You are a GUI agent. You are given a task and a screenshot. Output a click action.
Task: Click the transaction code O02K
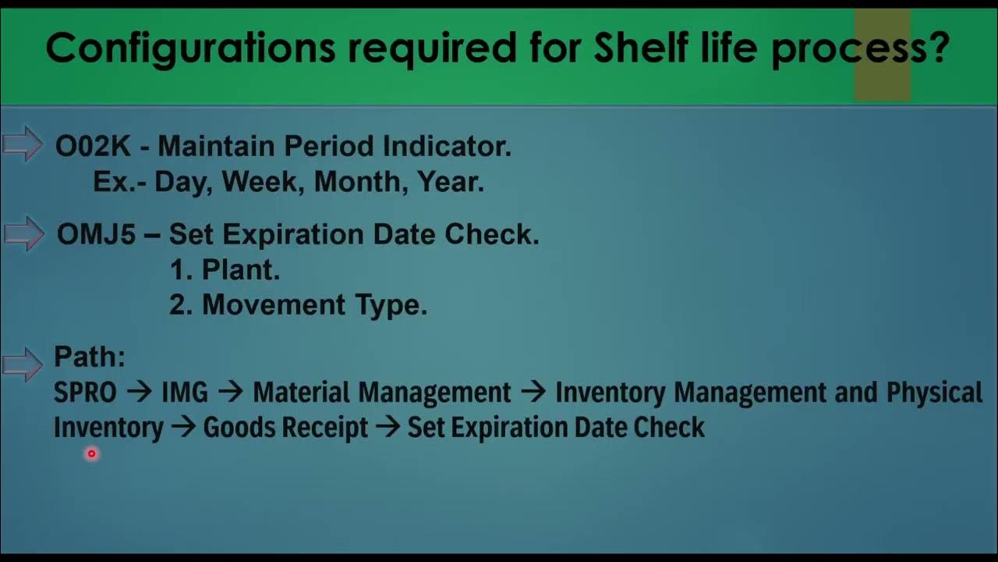pyautogui.click(x=93, y=146)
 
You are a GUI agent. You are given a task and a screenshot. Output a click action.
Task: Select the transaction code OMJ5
pyautogui.click(x=97, y=235)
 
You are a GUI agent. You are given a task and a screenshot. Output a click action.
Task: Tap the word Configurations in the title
pyautogui.click(x=189, y=49)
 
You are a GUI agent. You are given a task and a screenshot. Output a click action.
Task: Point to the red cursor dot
pyautogui.click(x=91, y=454)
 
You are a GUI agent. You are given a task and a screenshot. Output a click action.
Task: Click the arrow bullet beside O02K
pyautogui.click(x=23, y=144)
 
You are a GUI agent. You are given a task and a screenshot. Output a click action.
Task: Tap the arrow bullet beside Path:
pyautogui.click(x=23, y=363)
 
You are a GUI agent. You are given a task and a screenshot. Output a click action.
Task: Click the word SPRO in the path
pyautogui.click(x=85, y=393)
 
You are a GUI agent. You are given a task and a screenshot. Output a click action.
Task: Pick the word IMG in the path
pyautogui.click(x=185, y=393)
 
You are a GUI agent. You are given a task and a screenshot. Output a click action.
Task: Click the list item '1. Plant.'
pyautogui.click(x=225, y=270)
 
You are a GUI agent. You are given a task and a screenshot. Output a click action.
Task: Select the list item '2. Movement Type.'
pyautogui.click(x=298, y=305)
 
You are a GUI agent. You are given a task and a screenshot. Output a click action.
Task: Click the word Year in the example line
pyautogui.click(x=450, y=182)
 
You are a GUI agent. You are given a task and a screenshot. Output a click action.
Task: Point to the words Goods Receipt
pyautogui.click(x=285, y=428)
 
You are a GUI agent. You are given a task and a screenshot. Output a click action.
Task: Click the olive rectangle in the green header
pyautogui.click(x=882, y=55)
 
